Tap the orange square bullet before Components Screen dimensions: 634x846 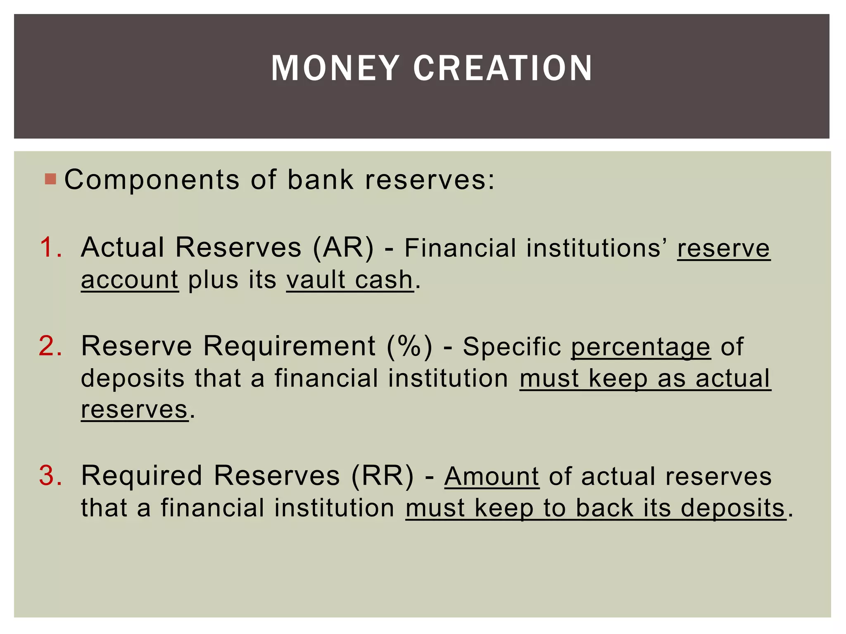click(50, 179)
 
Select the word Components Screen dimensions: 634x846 click(152, 180)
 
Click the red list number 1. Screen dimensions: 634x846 click(50, 248)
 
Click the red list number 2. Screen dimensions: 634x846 click(50, 346)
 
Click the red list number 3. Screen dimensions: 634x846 click(50, 475)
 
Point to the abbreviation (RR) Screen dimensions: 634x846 click(382, 475)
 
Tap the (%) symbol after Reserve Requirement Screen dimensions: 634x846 click(409, 346)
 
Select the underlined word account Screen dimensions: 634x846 click(130, 280)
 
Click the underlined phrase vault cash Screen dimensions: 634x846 click(349, 280)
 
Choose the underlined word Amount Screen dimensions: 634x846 click(492, 476)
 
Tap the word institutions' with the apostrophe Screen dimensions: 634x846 click(596, 248)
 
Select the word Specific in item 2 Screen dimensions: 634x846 click(511, 347)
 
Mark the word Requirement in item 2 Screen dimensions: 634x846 click(289, 346)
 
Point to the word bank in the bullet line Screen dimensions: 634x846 click(320, 180)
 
